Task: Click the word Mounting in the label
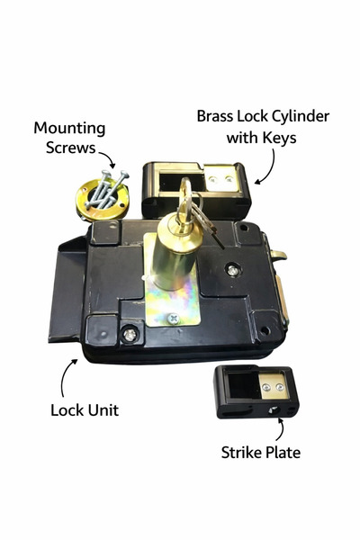[x=69, y=129]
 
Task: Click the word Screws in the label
[x=70, y=148]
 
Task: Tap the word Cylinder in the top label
[x=301, y=117]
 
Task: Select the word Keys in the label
[x=279, y=138]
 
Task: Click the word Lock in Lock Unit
[x=67, y=410]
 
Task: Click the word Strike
[x=239, y=452]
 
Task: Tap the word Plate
[x=282, y=452]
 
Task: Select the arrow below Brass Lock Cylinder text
[x=271, y=168]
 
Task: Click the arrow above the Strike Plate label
[x=282, y=428]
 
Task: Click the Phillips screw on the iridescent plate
[x=174, y=319]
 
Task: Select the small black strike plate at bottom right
[x=256, y=391]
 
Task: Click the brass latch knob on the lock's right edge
[x=279, y=255]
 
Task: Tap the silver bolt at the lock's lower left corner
[x=130, y=335]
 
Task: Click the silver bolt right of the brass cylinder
[x=233, y=270]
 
